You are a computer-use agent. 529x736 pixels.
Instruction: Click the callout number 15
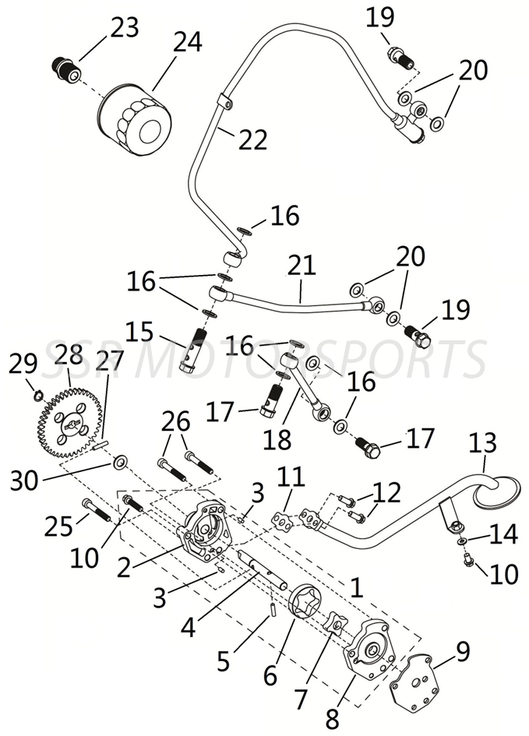point(139,333)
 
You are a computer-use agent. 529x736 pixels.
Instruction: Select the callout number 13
point(482,443)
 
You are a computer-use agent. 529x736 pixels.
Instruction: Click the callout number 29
point(23,363)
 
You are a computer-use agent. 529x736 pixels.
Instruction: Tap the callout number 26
point(175,422)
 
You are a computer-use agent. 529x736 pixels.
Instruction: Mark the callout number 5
point(224,661)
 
